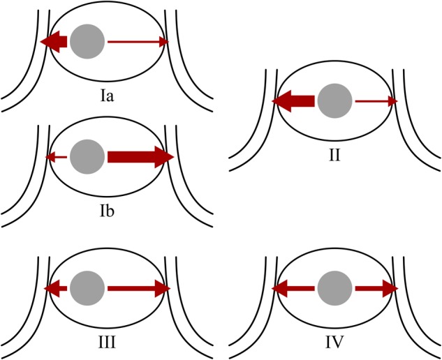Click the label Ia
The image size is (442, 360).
pos(108,95)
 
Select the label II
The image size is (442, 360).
pos(334,154)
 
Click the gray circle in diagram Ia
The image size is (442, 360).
pos(88,41)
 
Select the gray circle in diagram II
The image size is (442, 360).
pos(334,102)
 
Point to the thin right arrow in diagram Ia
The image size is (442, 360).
pos(138,42)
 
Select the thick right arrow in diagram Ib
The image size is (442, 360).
pos(140,157)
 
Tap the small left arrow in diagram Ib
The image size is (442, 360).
pos(56,158)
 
